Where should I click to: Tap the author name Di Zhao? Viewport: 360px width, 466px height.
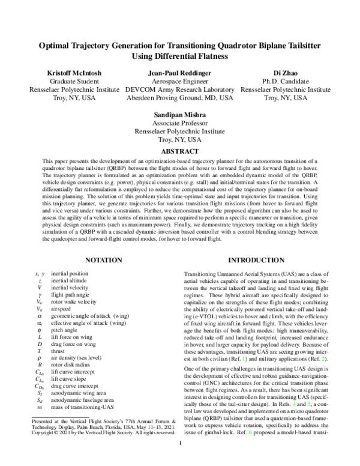click(285, 73)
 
